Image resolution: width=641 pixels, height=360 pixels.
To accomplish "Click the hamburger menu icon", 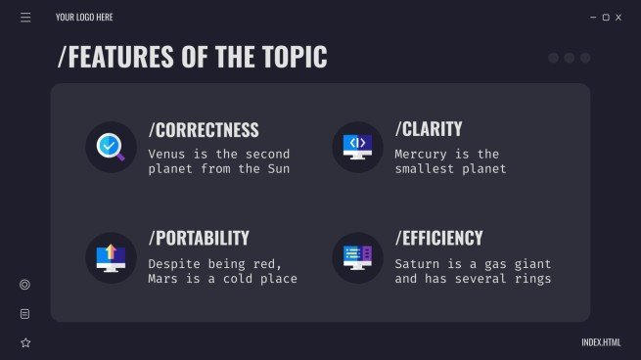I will [x=25, y=17].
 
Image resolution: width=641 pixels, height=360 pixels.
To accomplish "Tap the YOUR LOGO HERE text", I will [x=84, y=18].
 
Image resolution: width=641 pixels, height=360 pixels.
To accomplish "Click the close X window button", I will [x=618, y=18].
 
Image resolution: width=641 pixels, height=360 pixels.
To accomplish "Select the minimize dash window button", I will [x=593, y=18].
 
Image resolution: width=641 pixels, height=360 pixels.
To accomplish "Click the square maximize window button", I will [x=606, y=18].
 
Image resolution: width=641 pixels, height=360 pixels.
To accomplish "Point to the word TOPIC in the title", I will [x=293, y=58].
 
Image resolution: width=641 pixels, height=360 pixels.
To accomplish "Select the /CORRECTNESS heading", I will [x=204, y=130].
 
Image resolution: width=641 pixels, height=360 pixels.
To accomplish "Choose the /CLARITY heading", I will [x=429, y=129].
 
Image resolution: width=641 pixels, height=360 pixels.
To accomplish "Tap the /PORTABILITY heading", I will [x=199, y=239].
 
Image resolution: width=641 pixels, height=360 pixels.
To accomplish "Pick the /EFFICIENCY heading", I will [x=439, y=239].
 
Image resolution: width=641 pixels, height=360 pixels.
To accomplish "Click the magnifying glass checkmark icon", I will [x=111, y=147].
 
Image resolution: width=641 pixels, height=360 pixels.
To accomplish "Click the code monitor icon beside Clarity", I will [x=357, y=147].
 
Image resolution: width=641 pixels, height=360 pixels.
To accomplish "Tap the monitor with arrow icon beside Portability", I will [x=111, y=257].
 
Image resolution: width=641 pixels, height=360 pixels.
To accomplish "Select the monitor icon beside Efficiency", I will [x=357, y=257].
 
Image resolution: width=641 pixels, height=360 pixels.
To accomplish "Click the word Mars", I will [x=164, y=279].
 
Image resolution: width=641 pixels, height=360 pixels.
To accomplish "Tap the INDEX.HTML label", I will [x=601, y=342].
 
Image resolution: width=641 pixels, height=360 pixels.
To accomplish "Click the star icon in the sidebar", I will [x=25, y=342].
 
